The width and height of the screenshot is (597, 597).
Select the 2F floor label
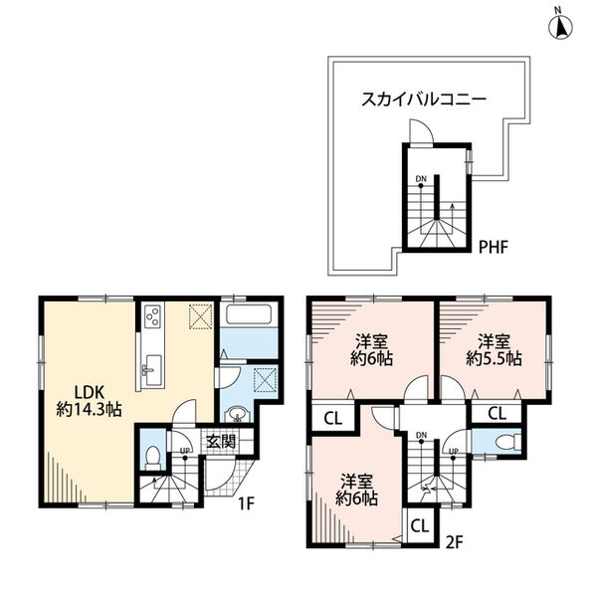(x=454, y=543)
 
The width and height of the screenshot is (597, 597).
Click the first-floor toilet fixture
(x=153, y=456)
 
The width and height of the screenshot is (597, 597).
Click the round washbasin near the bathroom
(x=235, y=415)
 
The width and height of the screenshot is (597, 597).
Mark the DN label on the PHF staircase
(x=421, y=180)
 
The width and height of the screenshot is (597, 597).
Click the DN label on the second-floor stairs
(x=421, y=435)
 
